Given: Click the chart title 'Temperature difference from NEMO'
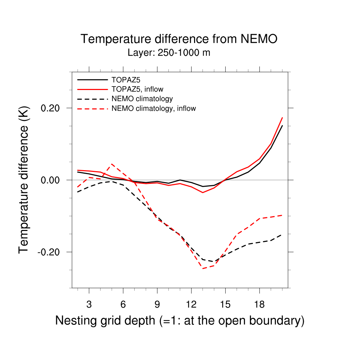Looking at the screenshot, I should point(179,39).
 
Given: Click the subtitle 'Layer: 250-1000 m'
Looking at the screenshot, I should point(169,53).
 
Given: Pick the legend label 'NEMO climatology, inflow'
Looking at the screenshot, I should point(153,108).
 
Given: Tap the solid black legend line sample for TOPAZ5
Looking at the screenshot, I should point(92,79).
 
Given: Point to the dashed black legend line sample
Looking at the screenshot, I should point(92,98).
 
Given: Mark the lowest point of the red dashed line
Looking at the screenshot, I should point(203,269).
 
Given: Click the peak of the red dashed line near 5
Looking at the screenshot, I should point(111,164).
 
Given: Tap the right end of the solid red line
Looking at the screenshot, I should point(282,117).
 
